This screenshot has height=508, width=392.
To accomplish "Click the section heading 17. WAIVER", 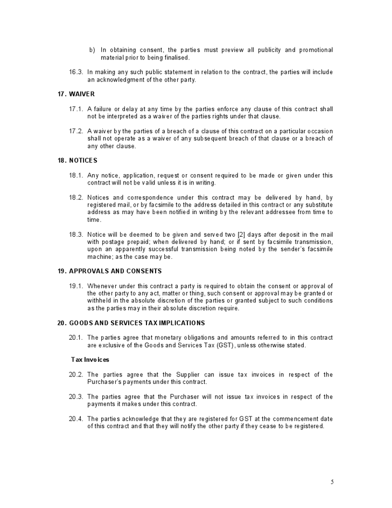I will (x=76, y=94).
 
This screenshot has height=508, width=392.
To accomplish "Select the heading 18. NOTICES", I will (x=78, y=161).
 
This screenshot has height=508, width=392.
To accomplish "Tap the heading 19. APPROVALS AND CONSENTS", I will (x=110, y=271).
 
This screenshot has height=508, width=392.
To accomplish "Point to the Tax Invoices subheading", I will (x=90, y=360).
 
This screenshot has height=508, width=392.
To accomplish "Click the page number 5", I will (x=332, y=482).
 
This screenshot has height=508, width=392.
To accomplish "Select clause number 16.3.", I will (x=76, y=72).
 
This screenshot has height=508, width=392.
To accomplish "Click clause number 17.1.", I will (x=76, y=109).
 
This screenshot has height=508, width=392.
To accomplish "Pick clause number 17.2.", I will (x=76, y=131).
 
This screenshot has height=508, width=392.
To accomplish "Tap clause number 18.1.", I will (x=76, y=175).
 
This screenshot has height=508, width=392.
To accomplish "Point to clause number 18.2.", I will (x=76, y=198).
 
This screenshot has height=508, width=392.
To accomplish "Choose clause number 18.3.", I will (x=76, y=234).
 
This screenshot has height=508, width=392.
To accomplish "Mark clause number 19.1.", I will (x=76, y=286).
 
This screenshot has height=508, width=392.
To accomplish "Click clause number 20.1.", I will (x=76, y=338).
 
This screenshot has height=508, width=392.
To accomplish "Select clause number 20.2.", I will (x=76, y=374).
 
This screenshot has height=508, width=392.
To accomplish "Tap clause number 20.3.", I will (x=76, y=396).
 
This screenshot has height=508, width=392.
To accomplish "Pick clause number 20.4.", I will (x=76, y=418).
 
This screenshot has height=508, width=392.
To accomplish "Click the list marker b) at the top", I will (x=92, y=50).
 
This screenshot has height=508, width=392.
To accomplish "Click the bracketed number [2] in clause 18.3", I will (x=242, y=234).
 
